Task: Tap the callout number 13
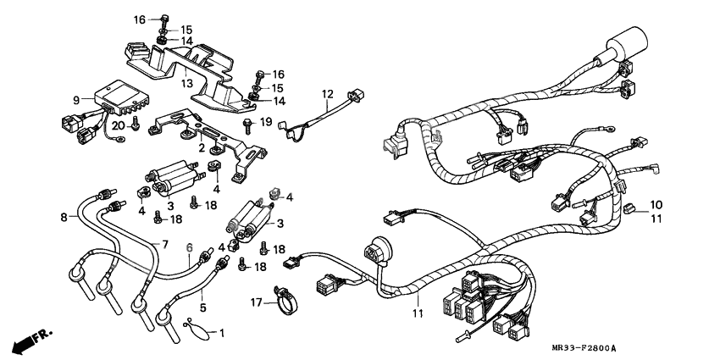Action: (x=188, y=83)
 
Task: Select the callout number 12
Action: (x=328, y=93)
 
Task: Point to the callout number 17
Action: (x=257, y=302)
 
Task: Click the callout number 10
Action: (x=656, y=205)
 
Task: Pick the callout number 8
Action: (x=63, y=218)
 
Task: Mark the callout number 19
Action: (x=265, y=123)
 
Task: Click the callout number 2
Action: (x=202, y=147)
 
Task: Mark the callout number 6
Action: (x=190, y=246)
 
